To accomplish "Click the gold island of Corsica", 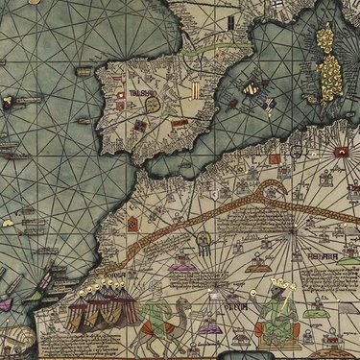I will coord(324,39).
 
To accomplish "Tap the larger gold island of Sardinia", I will coord(329,76).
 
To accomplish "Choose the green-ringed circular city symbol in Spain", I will coord(141,125).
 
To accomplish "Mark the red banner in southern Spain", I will coord(180,123).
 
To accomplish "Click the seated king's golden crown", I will coord(280,286).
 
